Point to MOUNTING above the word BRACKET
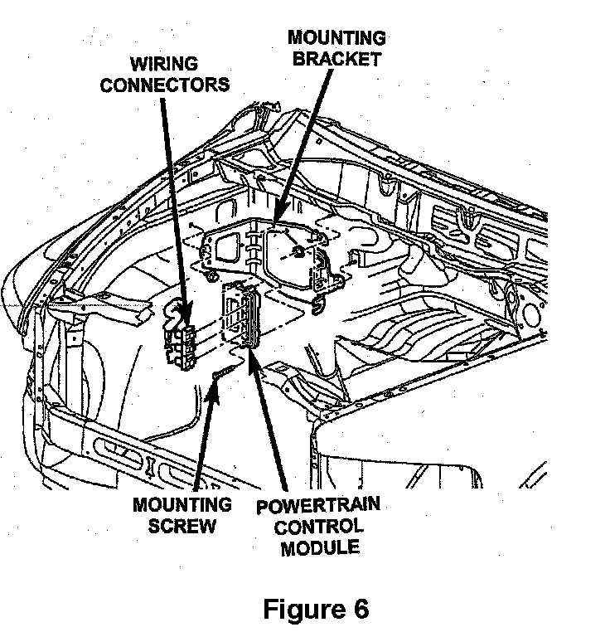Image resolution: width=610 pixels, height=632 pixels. click(335, 38)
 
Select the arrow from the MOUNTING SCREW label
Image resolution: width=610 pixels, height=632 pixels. click(206, 431)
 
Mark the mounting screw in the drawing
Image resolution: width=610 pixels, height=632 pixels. click(225, 372)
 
